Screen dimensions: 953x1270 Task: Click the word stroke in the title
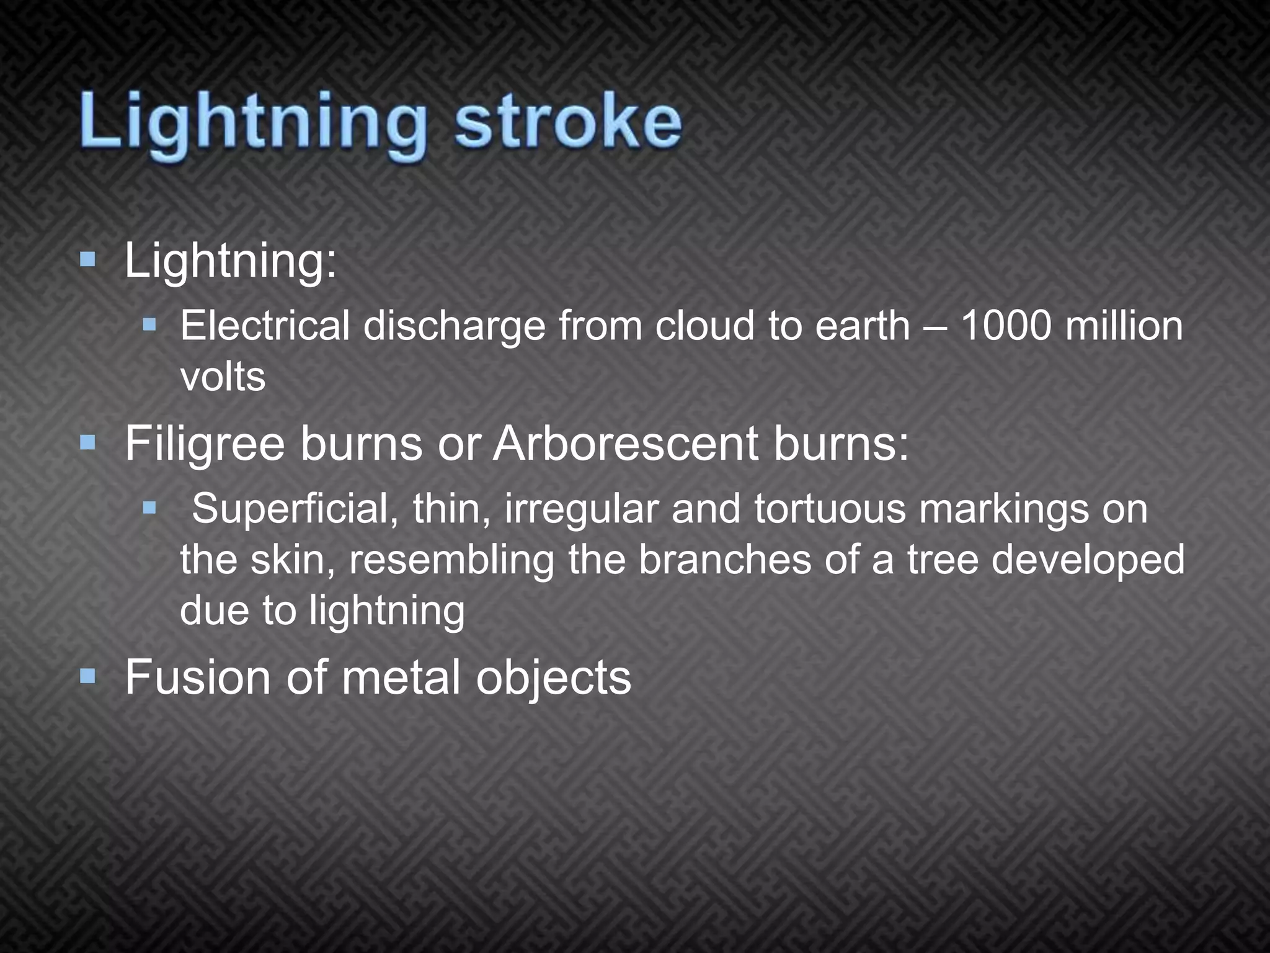(x=567, y=122)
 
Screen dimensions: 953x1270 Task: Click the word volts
(x=223, y=377)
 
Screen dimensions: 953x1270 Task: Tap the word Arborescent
(x=625, y=444)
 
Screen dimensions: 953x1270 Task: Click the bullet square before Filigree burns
(x=87, y=442)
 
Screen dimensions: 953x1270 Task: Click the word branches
(x=724, y=560)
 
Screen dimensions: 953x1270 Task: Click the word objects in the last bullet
(x=553, y=678)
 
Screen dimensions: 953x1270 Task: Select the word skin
(x=292, y=560)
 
